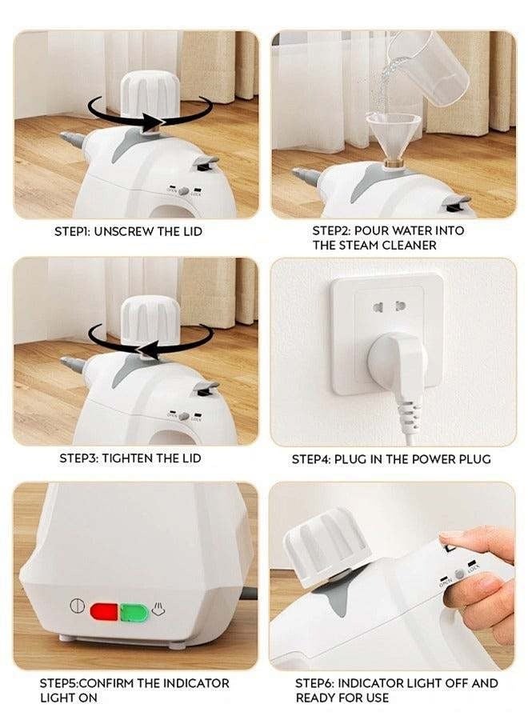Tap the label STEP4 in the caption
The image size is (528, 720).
(x=309, y=459)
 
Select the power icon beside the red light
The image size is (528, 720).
(x=76, y=606)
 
